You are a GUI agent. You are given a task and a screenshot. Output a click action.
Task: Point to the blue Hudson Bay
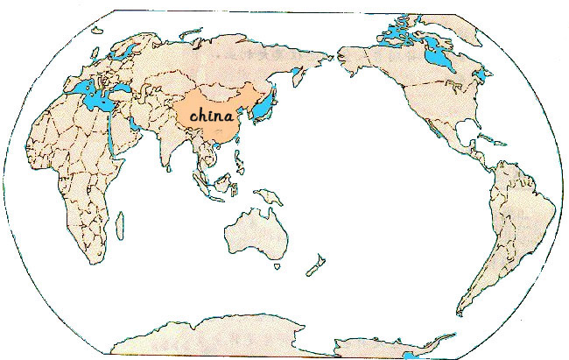pyautogui.click(x=433, y=60)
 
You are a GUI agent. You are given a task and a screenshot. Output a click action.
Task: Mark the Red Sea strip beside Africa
pyautogui.click(x=115, y=132)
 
